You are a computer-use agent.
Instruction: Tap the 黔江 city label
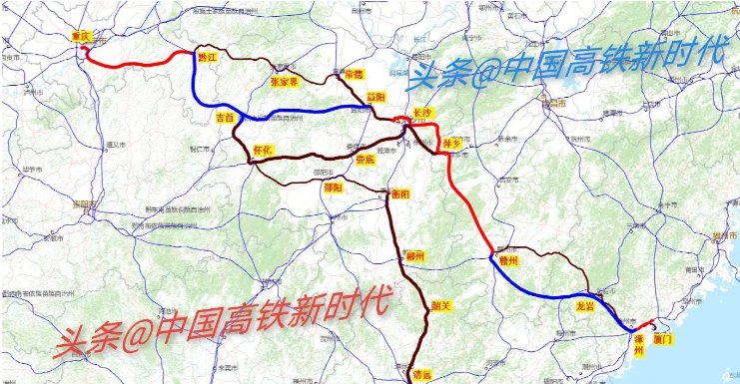coord(208,58)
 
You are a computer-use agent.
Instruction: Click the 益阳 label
coord(375,97)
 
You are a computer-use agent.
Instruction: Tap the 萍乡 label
coord(451,145)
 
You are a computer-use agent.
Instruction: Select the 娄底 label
coord(366,159)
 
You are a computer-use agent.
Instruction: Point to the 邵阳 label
coord(332,187)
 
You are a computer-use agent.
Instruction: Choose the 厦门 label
coord(663,339)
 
